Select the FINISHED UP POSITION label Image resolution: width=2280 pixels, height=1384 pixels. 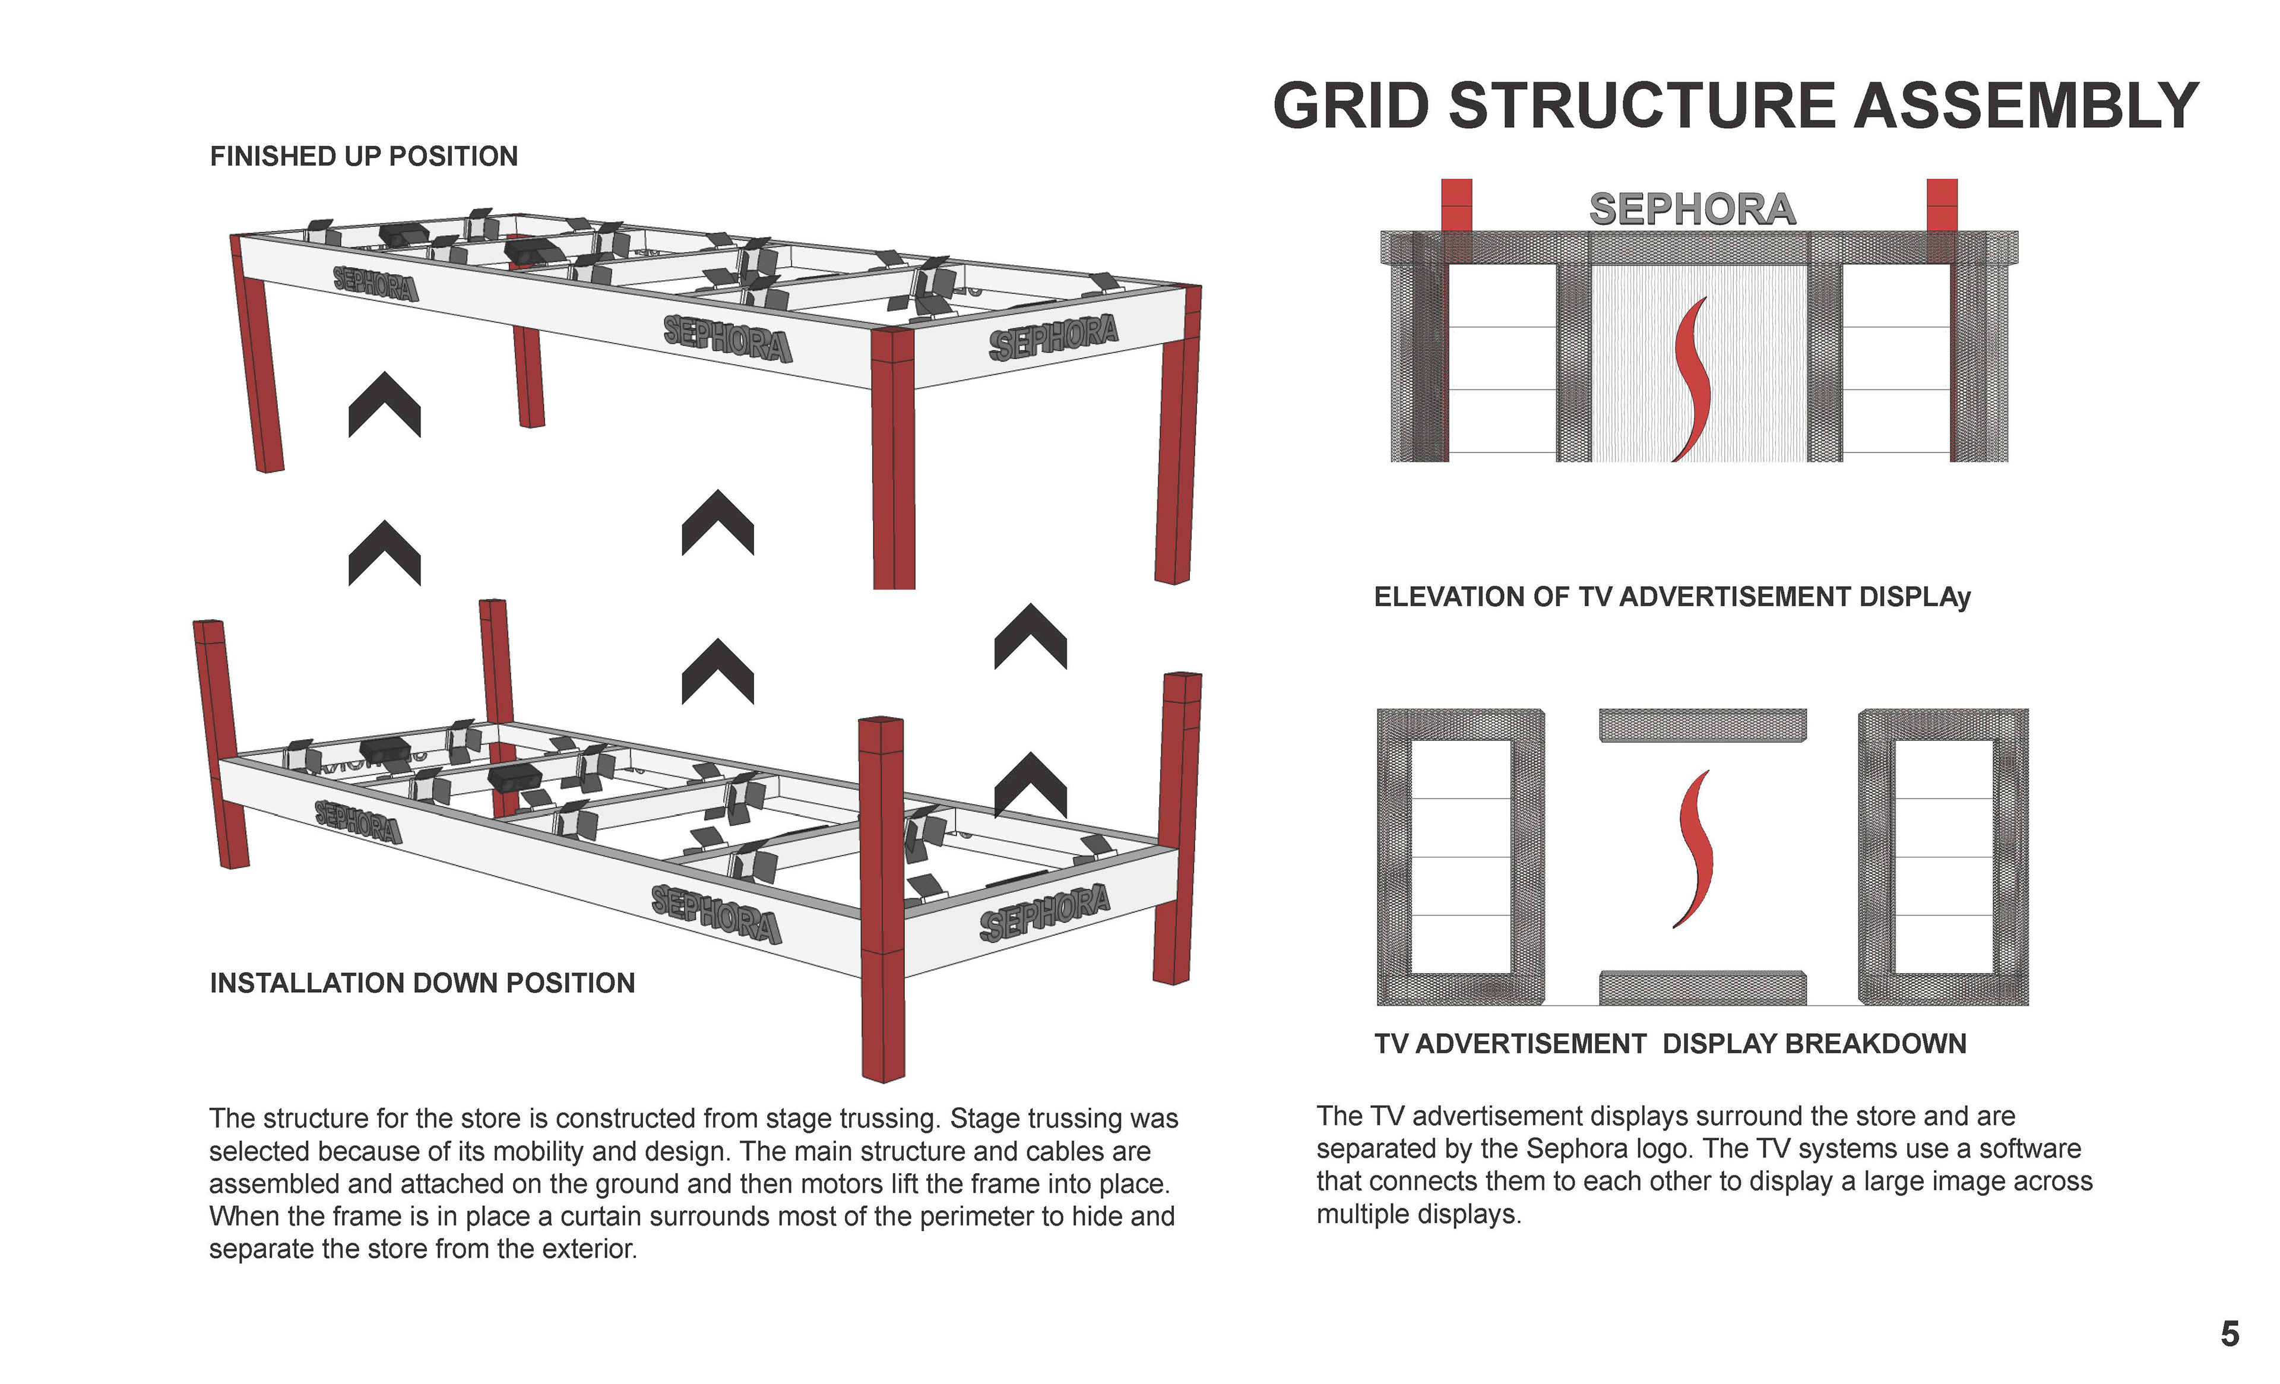pyautogui.click(x=363, y=156)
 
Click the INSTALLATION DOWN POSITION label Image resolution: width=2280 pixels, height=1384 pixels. pyautogui.click(x=422, y=983)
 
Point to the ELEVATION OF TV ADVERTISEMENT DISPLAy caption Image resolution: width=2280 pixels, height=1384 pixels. pyautogui.click(x=1672, y=597)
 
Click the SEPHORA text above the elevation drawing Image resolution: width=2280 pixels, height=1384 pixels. pyautogui.click(x=1692, y=209)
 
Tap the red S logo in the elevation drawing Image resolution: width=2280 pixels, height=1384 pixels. pyautogui.click(x=1693, y=379)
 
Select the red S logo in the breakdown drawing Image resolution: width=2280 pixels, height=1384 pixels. pyautogui.click(x=1693, y=849)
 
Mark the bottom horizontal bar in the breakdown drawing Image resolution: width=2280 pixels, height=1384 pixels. pyautogui.click(x=1703, y=987)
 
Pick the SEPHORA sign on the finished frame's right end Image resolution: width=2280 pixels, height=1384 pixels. pyautogui.click(x=1053, y=337)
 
